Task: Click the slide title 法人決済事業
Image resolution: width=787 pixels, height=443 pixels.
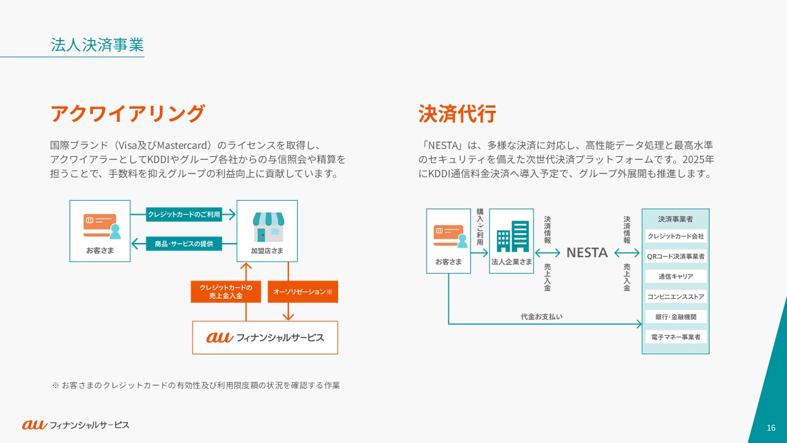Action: pyautogui.click(x=97, y=45)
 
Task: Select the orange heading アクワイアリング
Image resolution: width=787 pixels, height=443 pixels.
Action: pyautogui.click(x=127, y=114)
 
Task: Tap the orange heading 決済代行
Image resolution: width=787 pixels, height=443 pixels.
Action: pyautogui.click(x=457, y=114)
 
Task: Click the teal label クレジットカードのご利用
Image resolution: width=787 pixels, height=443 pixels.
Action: pyautogui.click(x=184, y=215)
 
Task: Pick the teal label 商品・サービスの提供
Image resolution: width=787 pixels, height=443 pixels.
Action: pyautogui.click(x=184, y=244)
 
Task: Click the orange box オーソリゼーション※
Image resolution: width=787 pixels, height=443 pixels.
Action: pyautogui.click(x=303, y=292)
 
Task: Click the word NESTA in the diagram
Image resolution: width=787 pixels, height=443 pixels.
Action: pyautogui.click(x=587, y=253)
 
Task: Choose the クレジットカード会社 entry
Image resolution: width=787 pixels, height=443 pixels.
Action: pyautogui.click(x=676, y=236)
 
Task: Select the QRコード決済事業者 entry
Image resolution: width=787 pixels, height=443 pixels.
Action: pyautogui.click(x=676, y=256)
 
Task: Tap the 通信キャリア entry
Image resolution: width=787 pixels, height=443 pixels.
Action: pyautogui.click(x=676, y=276)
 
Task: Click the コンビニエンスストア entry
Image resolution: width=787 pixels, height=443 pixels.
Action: pyautogui.click(x=676, y=297)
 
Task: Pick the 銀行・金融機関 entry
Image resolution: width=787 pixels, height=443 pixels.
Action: pyautogui.click(x=676, y=317)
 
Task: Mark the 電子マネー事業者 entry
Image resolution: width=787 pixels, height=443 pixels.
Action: pyautogui.click(x=676, y=337)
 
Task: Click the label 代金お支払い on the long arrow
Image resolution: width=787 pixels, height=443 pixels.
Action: pyautogui.click(x=542, y=317)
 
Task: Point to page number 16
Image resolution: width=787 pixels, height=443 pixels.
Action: pyautogui.click(x=771, y=428)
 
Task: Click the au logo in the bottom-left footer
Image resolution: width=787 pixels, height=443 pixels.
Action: pyautogui.click(x=34, y=425)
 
